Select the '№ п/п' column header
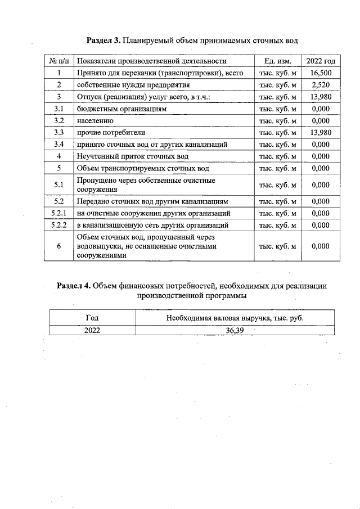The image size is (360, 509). [x=58, y=61]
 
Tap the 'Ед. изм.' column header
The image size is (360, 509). [x=277, y=61]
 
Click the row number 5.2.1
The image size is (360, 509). [x=58, y=213]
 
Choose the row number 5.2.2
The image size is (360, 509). [x=58, y=225]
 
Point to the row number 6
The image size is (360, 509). [x=58, y=246]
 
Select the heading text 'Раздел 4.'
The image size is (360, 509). [x=74, y=286]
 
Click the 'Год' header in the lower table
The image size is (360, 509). [x=92, y=318]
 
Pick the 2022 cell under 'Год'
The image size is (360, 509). [x=92, y=330]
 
